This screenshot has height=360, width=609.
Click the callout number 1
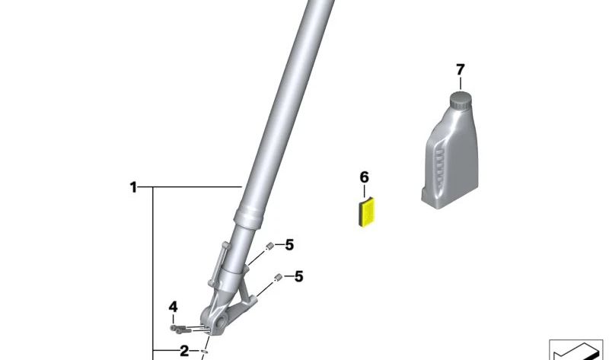[x=133, y=187]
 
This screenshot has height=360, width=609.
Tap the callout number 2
[x=184, y=351]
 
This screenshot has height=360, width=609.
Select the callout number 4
[x=174, y=307]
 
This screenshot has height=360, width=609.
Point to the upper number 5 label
[x=289, y=245]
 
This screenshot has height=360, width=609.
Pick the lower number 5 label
[x=298, y=276]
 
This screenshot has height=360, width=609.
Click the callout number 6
[x=364, y=177]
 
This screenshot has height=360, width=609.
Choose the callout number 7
[x=461, y=70]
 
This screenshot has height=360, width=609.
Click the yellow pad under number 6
[x=366, y=212]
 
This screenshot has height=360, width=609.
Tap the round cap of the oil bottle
[x=461, y=101]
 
